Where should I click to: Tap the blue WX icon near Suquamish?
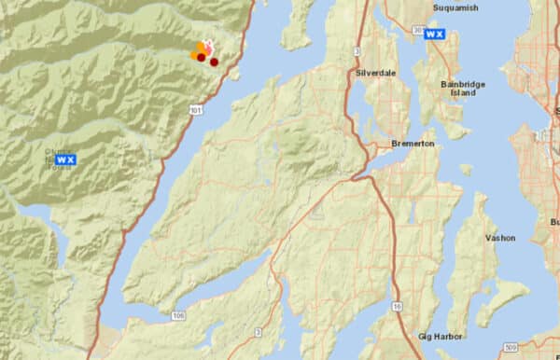click(x=434, y=34)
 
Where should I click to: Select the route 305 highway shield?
click(x=415, y=31)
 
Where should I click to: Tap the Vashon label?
click(x=500, y=238)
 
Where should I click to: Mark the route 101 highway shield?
click(x=193, y=109)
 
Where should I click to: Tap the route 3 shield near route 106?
click(x=258, y=330)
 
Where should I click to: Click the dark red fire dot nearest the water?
click(x=214, y=62)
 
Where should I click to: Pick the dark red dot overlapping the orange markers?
click(x=201, y=58)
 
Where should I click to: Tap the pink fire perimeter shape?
click(x=209, y=47)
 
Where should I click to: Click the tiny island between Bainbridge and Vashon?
click(x=465, y=170)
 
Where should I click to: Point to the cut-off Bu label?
click(x=554, y=222)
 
